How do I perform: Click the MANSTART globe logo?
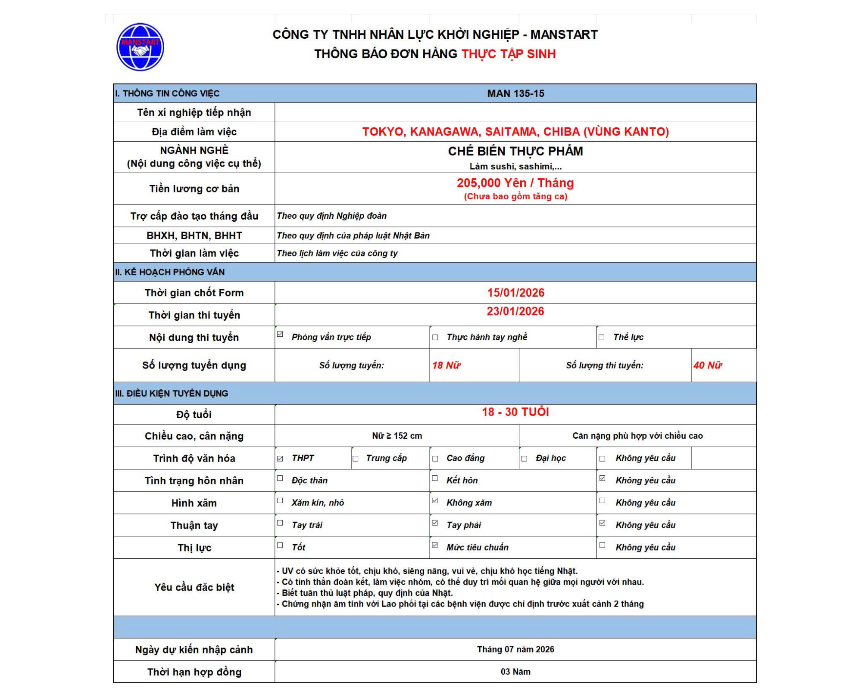pos(140,47)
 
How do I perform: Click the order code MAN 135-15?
pos(515,93)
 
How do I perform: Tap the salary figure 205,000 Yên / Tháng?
pos(515,183)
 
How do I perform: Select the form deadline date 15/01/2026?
pos(515,293)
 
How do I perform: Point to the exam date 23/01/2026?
pos(515,311)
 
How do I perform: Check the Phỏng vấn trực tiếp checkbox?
pos(280,335)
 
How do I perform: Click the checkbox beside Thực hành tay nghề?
pos(435,338)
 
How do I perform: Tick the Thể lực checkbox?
pos(602,338)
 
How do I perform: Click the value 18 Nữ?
pos(446,366)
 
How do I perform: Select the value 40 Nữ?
pos(707,366)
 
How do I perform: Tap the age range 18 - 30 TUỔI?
pos(515,412)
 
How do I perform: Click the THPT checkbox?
pos(280,459)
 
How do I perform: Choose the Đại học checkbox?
pos(525,459)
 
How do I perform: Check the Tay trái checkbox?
pos(280,523)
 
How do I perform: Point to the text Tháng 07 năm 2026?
pos(515,649)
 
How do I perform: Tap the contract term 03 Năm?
pos(515,672)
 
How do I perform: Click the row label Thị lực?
pos(194,548)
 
